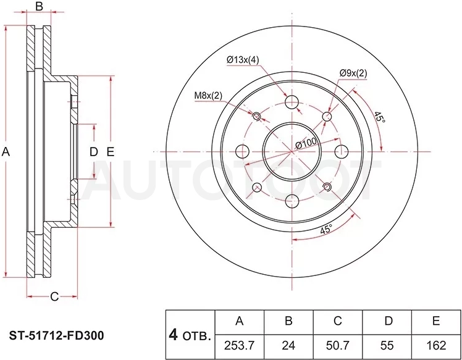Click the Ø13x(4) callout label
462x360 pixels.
pyautogui.click(x=243, y=60)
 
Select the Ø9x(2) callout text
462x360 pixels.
pyautogui.click(x=353, y=73)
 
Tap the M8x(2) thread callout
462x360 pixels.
pyautogui.click(x=208, y=96)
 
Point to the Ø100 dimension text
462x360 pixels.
pyautogui.click(x=306, y=143)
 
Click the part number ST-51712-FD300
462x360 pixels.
pyautogui.click(x=57, y=335)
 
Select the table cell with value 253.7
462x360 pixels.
pyautogui.click(x=239, y=346)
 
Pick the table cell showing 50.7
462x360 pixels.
pyautogui.click(x=338, y=346)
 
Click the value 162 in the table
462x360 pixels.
pyautogui.click(x=436, y=346)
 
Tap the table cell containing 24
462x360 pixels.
pyautogui.click(x=288, y=346)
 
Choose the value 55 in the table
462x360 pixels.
pyautogui.click(x=387, y=346)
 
